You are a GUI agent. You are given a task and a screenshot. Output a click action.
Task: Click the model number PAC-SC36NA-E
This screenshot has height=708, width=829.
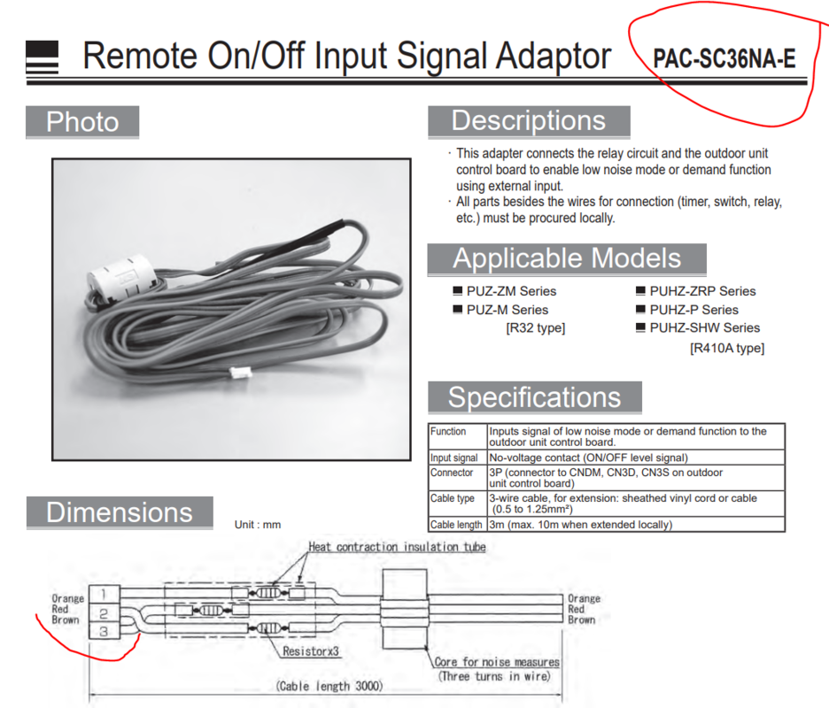click(724, 58)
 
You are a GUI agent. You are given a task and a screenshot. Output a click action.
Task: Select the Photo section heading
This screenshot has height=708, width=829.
click(82, 122)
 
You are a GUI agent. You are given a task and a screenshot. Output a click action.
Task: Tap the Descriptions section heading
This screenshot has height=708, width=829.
click(528, 121)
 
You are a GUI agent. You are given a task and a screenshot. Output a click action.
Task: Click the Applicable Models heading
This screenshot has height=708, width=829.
click(567, 258)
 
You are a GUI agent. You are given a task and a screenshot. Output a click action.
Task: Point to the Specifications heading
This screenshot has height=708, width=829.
click(534, 397)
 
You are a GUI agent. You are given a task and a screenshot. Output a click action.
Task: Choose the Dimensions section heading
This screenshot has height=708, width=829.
click(119, 512)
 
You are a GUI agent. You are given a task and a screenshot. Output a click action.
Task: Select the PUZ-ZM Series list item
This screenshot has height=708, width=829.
click(510, 290)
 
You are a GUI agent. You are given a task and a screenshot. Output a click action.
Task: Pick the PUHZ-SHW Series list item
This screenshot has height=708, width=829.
click(704, 327)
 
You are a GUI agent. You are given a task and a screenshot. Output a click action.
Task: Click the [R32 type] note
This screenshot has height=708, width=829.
click(535, 327)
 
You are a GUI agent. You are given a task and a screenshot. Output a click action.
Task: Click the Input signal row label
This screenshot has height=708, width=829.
click(454, 458)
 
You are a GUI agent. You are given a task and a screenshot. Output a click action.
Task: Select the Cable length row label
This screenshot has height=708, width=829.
click(456, 524)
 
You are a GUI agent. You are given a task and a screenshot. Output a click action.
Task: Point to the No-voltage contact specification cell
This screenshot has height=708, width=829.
click(587, 458)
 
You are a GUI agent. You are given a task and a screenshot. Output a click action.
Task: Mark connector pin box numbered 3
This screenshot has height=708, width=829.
click(104, 631)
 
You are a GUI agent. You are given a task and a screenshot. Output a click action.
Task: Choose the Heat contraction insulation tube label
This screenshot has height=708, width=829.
click(397, 547)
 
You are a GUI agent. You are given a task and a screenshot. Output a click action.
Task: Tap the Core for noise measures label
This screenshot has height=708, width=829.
click(497, 662)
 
